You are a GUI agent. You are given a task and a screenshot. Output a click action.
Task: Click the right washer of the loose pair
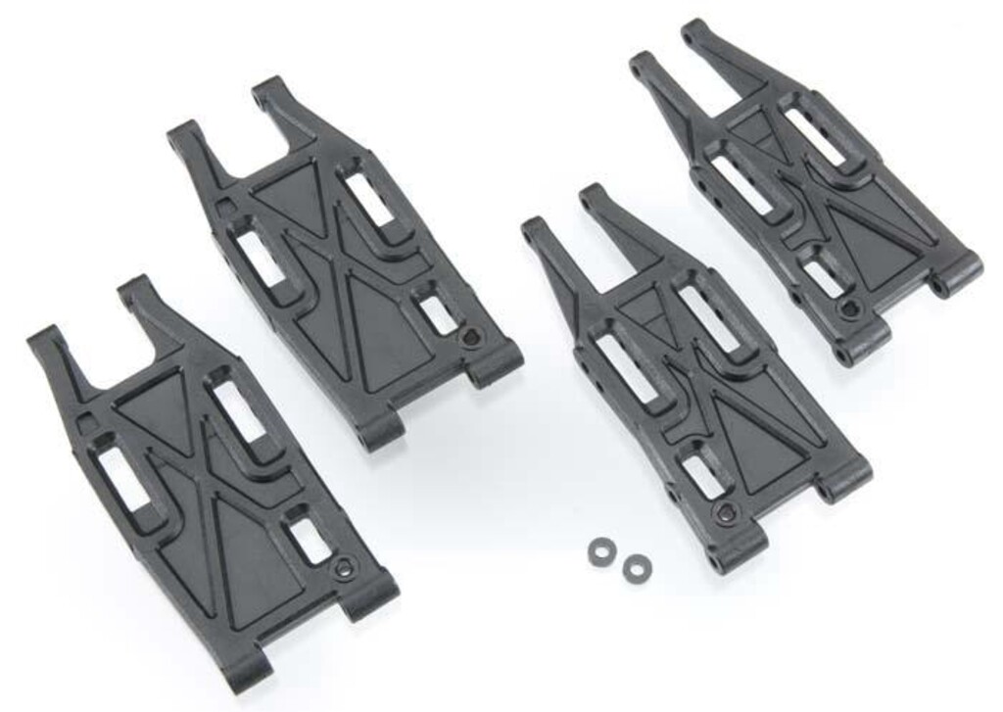(637, 565)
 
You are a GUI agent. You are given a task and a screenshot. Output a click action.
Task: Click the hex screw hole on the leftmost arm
(342, 568)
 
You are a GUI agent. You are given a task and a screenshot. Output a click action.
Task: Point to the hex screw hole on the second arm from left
(471, 338)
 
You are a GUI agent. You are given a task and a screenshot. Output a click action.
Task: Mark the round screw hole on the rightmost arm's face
(848, 309)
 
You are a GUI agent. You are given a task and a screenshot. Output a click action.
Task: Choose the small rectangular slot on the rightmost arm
(823, 277)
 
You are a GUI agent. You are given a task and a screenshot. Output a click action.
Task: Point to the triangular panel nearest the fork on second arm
(288, 189)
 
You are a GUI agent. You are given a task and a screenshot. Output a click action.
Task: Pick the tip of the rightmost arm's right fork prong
(694, 29)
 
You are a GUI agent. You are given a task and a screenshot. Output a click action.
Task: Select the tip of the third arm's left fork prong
(535, 229)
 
